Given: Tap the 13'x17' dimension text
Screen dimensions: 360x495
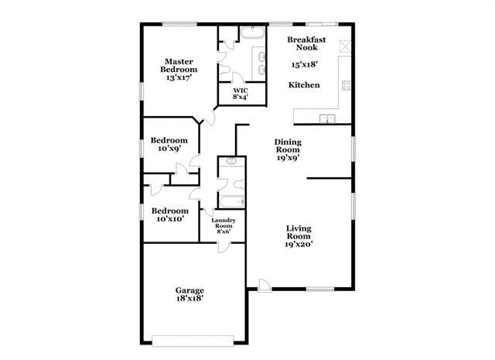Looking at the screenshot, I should pos(177,78).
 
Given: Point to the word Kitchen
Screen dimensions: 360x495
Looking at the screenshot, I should pos(304,84).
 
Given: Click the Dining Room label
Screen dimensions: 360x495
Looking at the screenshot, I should pos(288,146).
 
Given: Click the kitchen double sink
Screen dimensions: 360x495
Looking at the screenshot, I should pos(329,118).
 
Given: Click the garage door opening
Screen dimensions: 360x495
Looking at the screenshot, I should pos(193,338).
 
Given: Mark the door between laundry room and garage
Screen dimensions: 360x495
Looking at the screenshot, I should pos(223,245).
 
